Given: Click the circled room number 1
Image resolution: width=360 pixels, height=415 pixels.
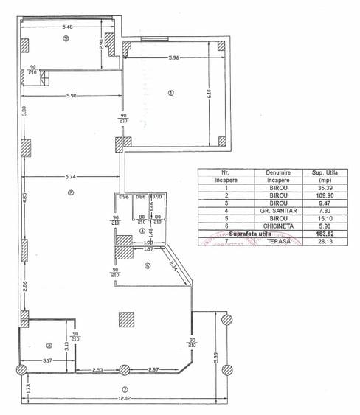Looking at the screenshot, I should click(x=170, y=93).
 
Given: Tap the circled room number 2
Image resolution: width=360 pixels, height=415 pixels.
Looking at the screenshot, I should click(x=71, y=194).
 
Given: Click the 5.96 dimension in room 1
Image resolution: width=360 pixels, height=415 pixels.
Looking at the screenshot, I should click(x=173, y=57).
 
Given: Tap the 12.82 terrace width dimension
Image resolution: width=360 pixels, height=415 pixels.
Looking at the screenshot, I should click(x=123, y=398).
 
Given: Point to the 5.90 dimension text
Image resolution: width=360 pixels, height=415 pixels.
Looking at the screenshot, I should click(x=71, y=97).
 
